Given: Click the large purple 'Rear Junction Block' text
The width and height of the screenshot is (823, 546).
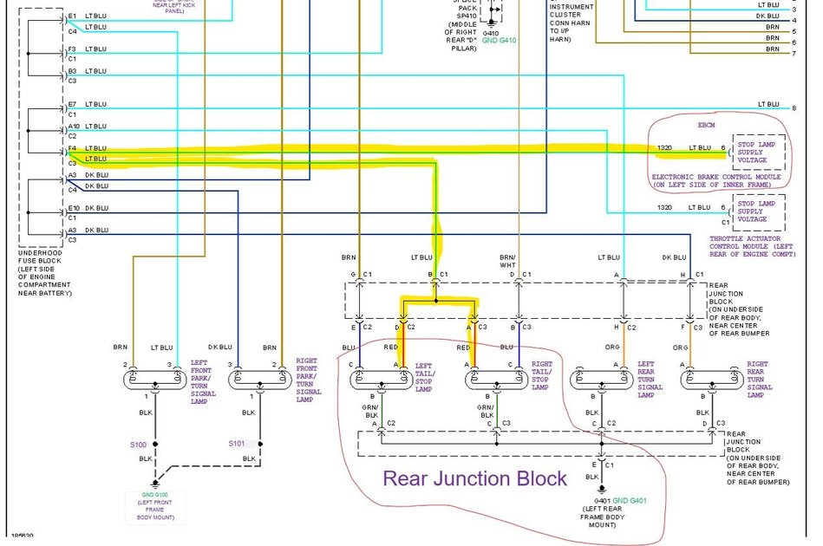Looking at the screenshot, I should (474, 478).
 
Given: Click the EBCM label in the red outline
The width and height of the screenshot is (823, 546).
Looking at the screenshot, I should (707, 126).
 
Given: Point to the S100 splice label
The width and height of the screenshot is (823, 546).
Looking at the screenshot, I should (139, 445).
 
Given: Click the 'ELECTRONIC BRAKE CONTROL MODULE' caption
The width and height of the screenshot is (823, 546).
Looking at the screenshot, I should (715, 180).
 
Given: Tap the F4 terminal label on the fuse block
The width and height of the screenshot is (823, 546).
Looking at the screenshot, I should (73, 148).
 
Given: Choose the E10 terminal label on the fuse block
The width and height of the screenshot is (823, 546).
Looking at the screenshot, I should (74, 208).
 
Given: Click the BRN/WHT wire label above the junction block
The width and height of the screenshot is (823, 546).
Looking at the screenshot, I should (509, 261).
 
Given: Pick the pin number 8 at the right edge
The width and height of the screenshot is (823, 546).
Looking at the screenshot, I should (793, 107).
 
